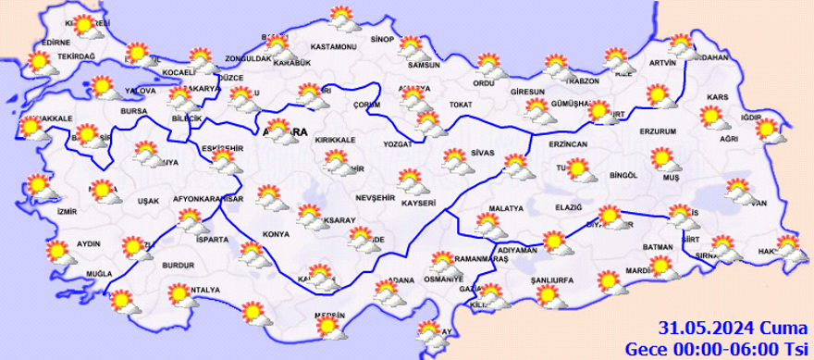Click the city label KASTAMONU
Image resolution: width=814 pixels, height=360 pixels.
pyautogui.click(x=334, y=47)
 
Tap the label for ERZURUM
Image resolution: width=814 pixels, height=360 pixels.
pyautogui.click(x=660, y=131)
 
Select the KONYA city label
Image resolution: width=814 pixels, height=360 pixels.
pyautogui.click(x=276, y=234)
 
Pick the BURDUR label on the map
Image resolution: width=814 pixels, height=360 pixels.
pyautogui.click(x=178, y=265)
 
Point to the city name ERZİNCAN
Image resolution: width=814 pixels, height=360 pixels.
pyautogui.click(x=569, y=146)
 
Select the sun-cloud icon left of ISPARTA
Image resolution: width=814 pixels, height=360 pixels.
pyautogui.click(x=191, y=220)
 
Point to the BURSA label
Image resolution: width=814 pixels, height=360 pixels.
pyautogui.click(x=134, y=111)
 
